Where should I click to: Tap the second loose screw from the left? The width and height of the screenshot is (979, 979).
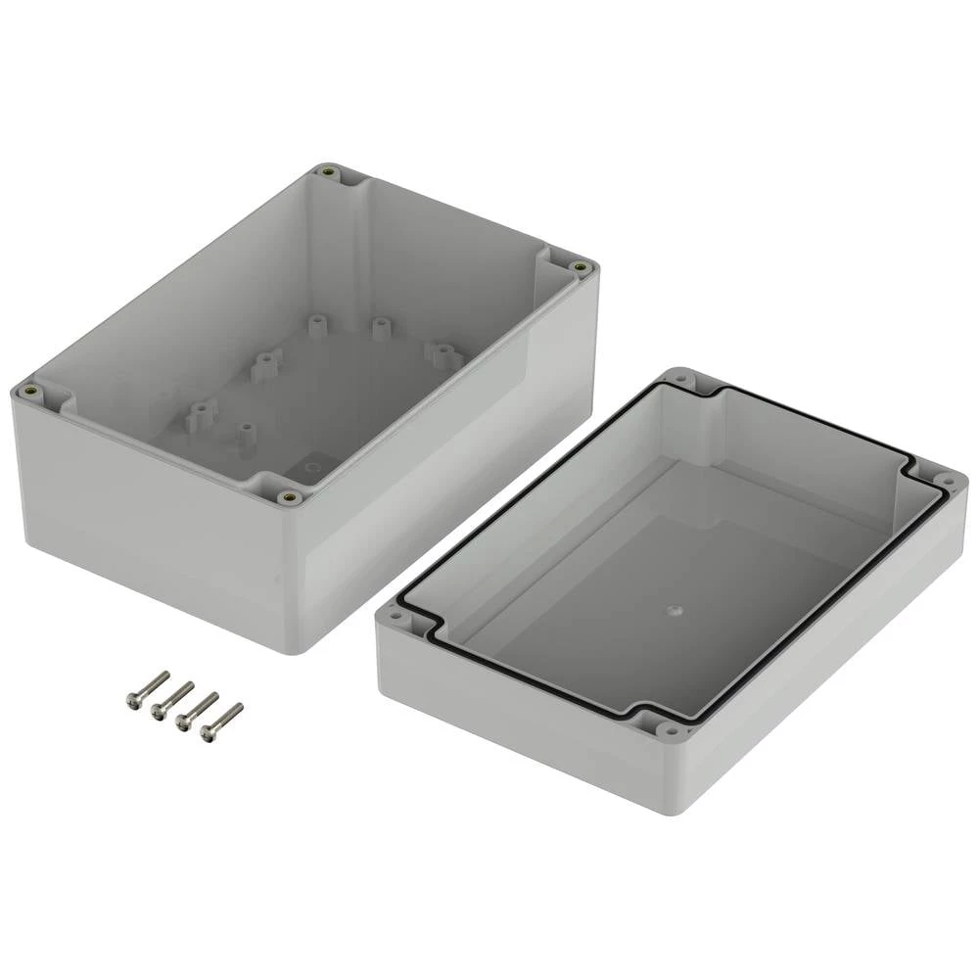(171, 696)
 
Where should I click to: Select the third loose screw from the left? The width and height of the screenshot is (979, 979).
(196, 708)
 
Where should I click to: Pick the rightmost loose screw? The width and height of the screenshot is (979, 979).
(220, 720)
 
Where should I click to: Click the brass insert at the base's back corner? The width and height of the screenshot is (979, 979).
(327, 174)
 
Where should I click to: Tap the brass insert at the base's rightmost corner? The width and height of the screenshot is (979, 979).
(581, 266)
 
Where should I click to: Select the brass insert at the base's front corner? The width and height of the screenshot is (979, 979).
(286, 498)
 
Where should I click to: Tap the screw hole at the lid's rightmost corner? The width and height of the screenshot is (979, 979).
(948, 480)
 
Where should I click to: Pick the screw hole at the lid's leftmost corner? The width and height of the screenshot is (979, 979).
(396, 619)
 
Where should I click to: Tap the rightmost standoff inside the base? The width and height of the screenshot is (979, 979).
(443, 350)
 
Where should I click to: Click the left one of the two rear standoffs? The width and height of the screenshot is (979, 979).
(315, 322)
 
